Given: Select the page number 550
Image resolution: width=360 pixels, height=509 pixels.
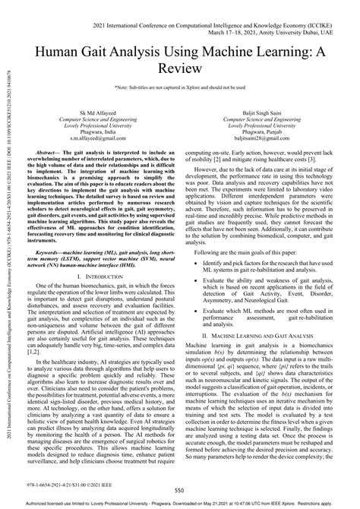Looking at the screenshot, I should point(180,491).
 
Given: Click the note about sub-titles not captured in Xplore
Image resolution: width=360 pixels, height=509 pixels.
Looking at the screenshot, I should point(180,89).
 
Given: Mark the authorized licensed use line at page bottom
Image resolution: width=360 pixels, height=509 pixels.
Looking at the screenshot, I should point(180,504).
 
